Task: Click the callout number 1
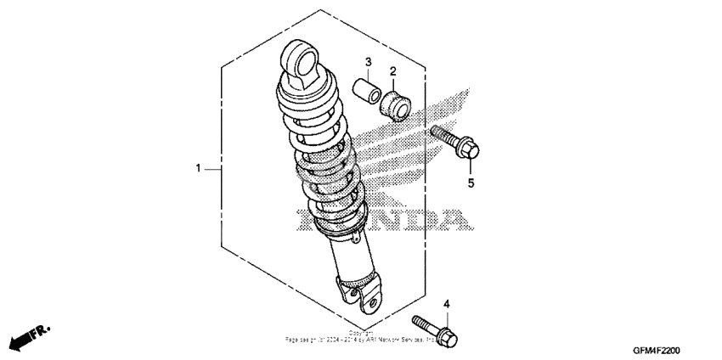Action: [x=199, y=169]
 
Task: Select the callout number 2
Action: [x=393, y=70]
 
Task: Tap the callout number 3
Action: [x=369, y=62]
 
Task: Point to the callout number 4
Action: [x=446, y=304]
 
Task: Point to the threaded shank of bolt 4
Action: [x=425, y=325]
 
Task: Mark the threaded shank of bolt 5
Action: [x=444, y=138]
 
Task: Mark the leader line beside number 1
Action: [x=213, y=169]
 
